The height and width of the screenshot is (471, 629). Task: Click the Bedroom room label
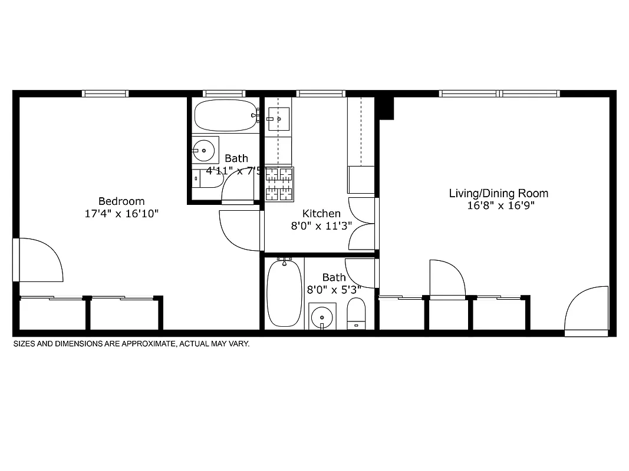point(121,201)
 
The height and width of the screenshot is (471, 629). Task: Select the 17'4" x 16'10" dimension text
point(121,214)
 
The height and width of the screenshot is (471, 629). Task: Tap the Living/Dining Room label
point(498,193)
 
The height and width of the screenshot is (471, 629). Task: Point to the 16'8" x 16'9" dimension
point(500,206)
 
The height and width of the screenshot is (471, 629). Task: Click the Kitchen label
point(321,214)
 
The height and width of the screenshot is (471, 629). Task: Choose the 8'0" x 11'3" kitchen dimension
point(321,226)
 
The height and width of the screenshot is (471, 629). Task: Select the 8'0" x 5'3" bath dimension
point(334,290)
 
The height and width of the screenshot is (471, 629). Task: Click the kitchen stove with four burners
point(279,183)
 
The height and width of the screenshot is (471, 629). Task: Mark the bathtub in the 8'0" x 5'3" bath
point(284,293)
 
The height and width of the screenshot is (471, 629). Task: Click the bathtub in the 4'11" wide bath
point(224,116)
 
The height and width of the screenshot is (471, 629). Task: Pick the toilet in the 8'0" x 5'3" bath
point(356,313)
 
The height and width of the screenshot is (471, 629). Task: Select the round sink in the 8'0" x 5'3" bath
point(322,316)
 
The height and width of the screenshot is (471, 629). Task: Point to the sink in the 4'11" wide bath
point(204,150)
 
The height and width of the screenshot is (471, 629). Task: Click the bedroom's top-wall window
point(105,94)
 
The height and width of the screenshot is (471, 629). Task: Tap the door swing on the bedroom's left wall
point(39,259)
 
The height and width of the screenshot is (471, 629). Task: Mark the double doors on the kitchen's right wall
point(362,223)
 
